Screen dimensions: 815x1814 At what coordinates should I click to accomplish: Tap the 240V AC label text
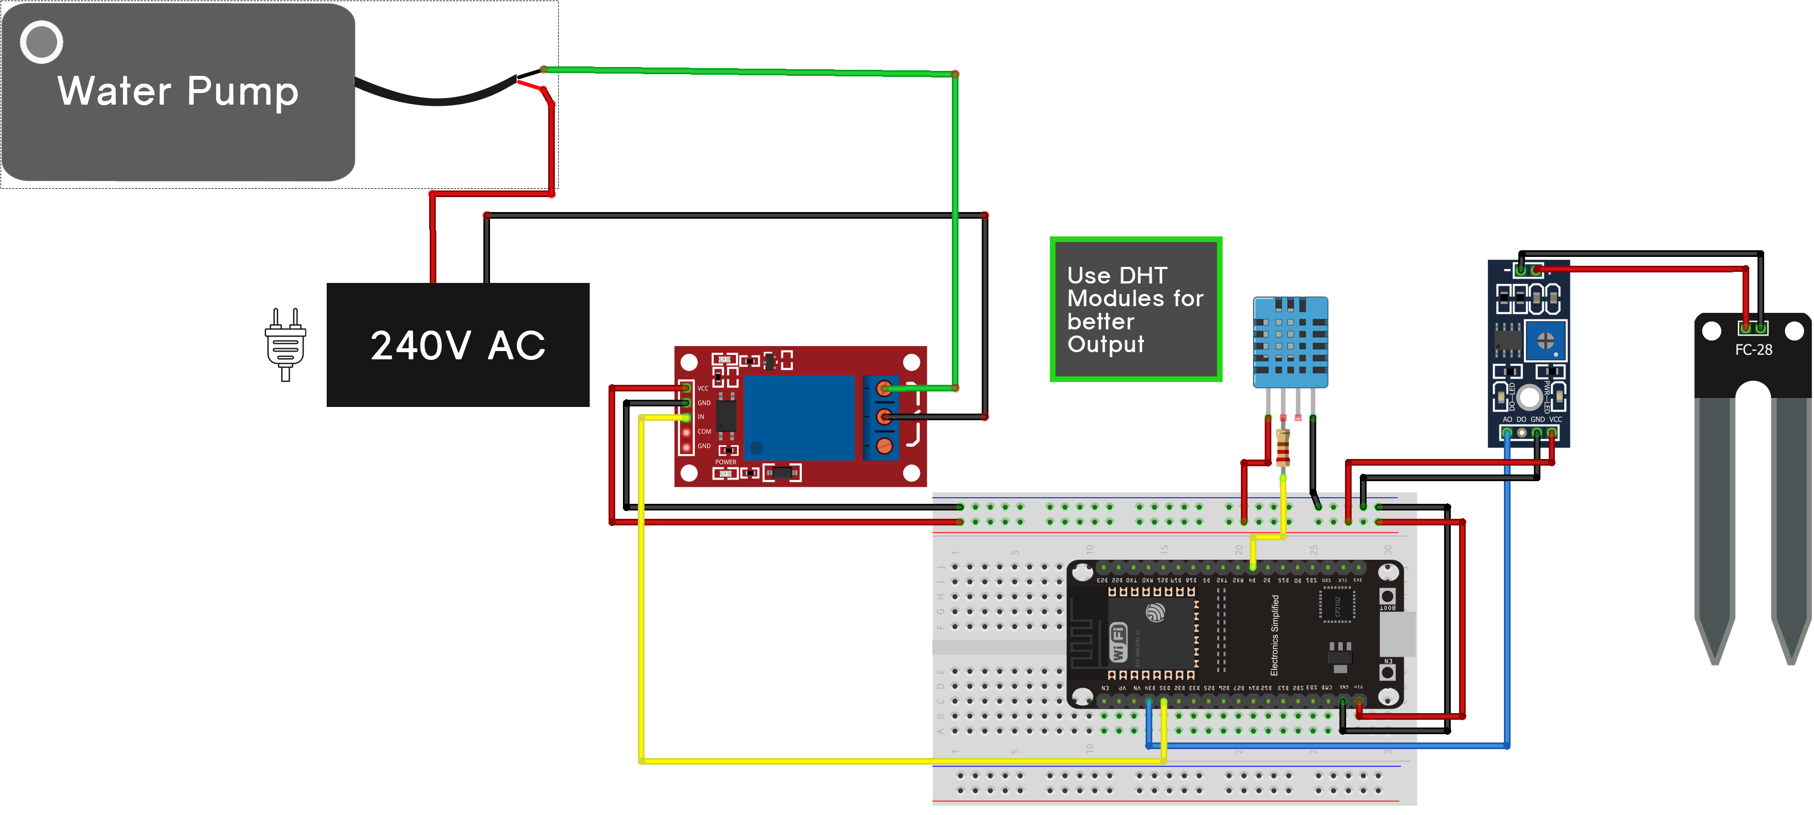pos(458,345)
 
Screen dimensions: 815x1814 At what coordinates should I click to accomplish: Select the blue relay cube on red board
pos(798,417)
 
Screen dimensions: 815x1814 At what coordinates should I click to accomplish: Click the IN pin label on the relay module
pos(700,417)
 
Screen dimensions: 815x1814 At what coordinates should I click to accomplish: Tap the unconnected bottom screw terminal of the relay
pos(884,446)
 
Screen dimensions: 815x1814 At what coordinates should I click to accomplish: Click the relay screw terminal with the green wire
pos(884,388)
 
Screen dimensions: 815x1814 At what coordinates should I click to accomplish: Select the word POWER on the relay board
pos(725,462)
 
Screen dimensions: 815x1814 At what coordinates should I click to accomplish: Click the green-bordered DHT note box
pos(1135,310)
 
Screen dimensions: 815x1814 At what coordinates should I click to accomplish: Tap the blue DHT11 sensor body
pos(1290,342)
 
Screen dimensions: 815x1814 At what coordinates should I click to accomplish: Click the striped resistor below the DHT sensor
pos(1282,448)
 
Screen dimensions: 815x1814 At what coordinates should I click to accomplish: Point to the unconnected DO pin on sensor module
pos(1522,432)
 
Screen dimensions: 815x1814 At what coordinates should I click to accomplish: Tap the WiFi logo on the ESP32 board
pos(1117,642)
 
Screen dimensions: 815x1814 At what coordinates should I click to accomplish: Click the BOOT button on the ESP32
pos(1387,596)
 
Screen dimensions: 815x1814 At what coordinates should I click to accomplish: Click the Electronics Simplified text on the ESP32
pos(1274,635)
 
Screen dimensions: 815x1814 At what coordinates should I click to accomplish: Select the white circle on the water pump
pos(42,42)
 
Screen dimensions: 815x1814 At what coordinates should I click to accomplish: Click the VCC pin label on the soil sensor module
pos(1555,419)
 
